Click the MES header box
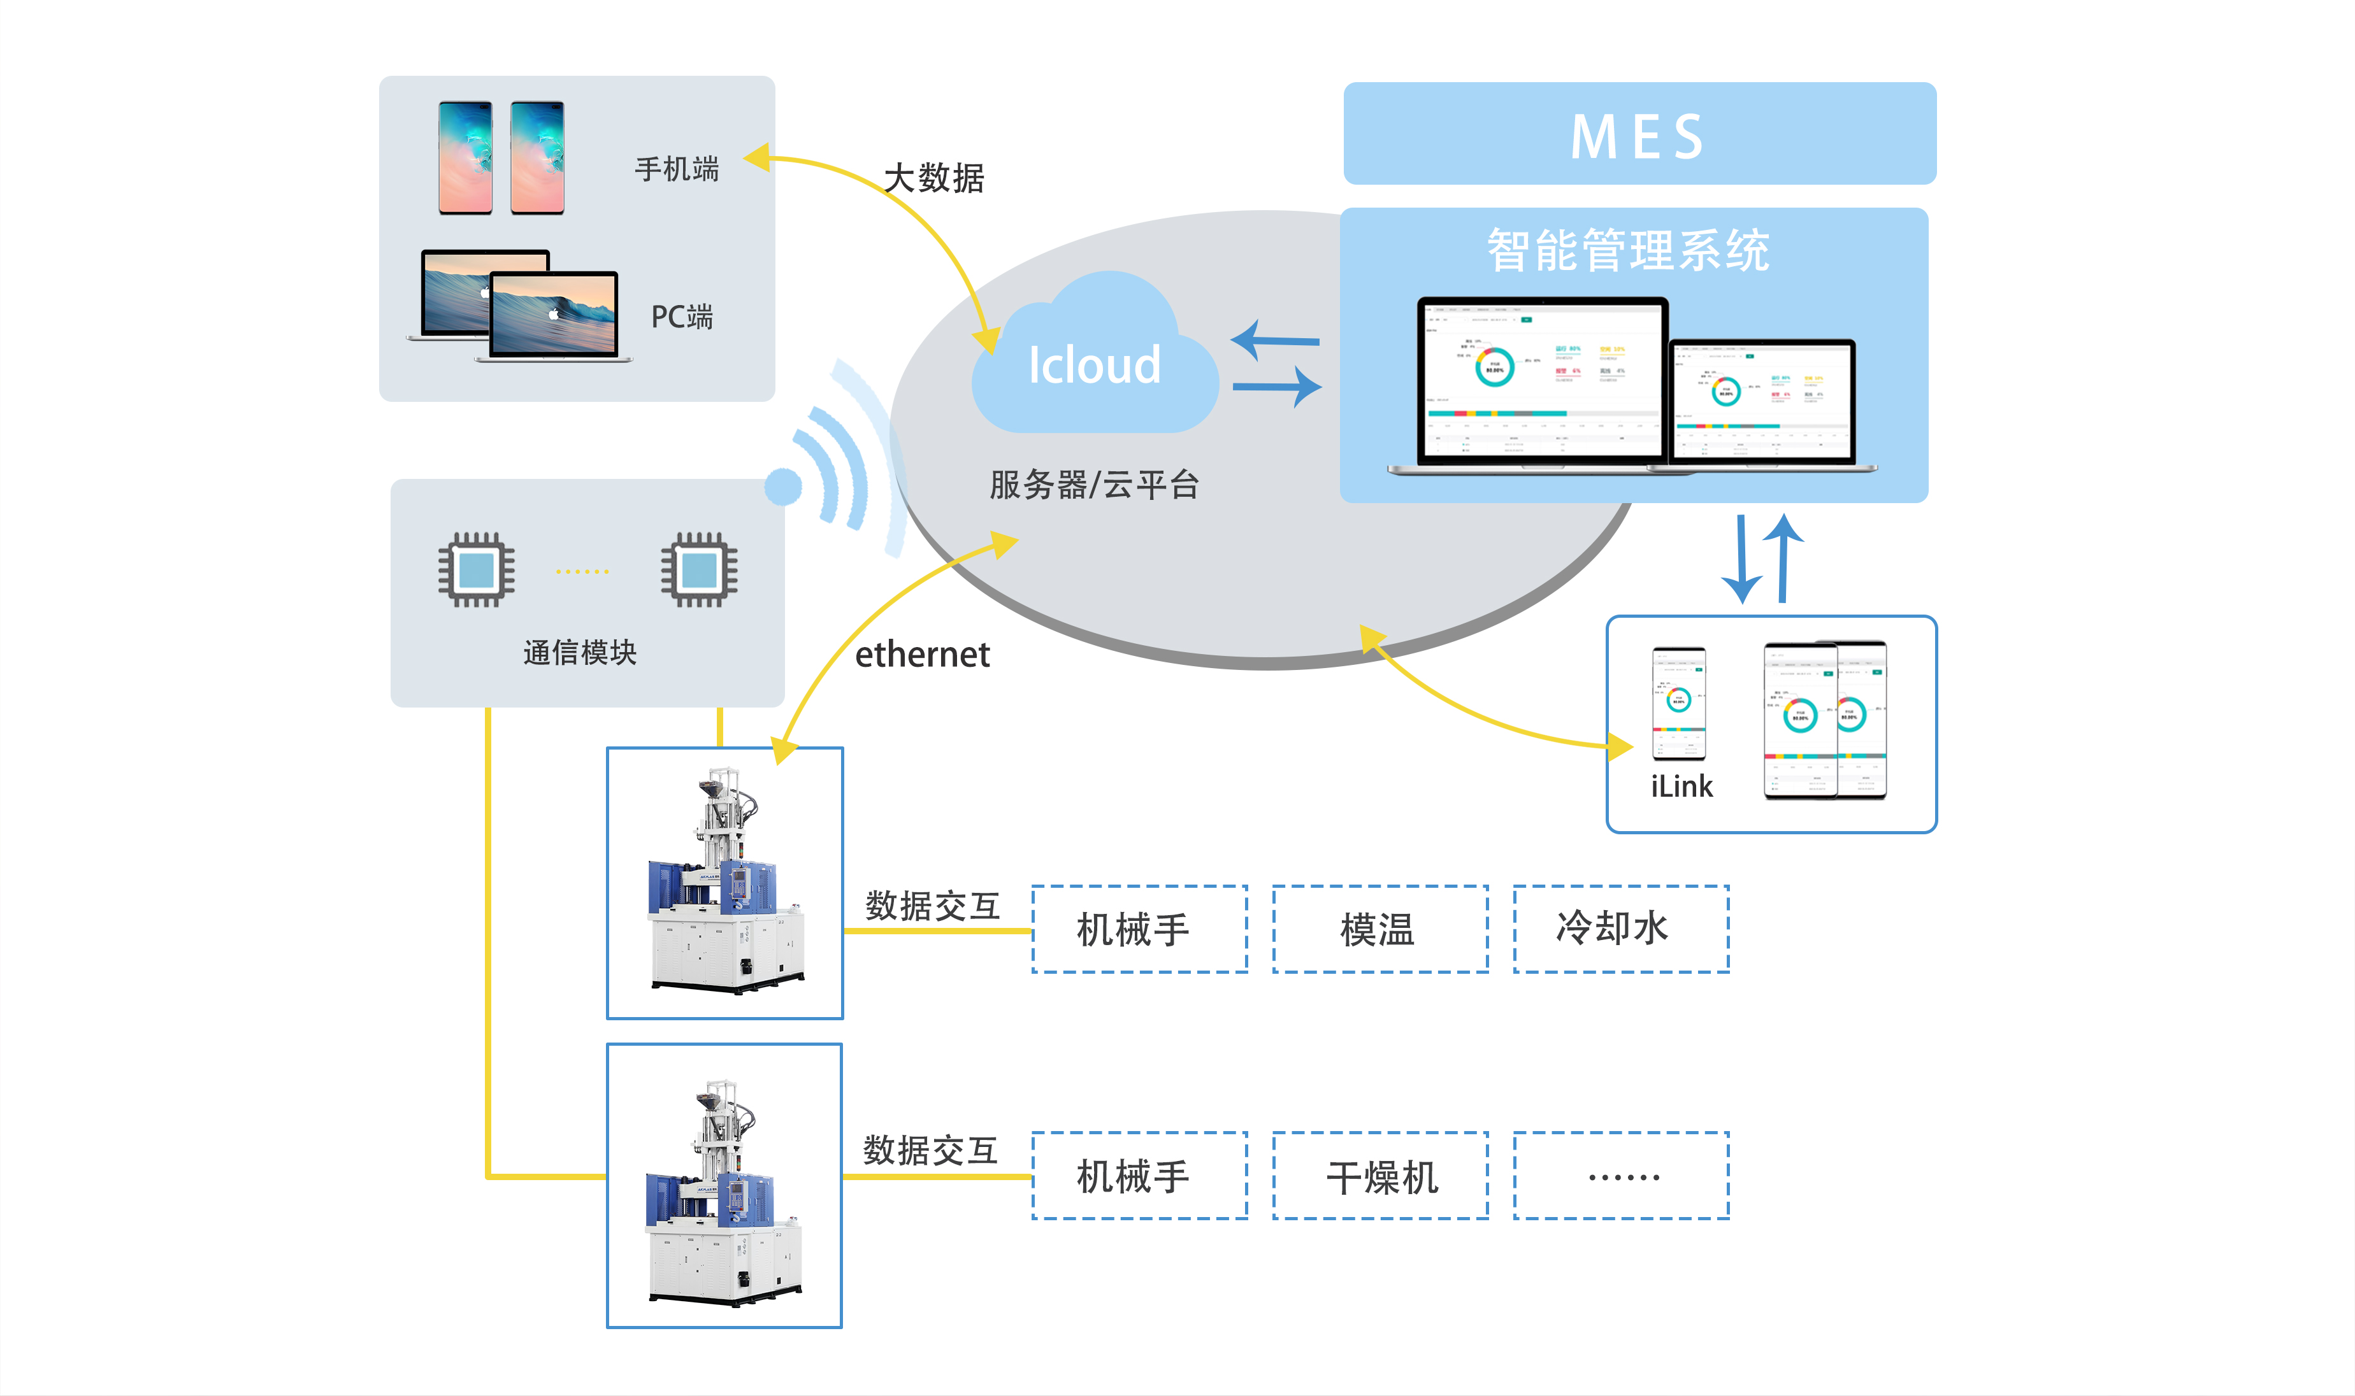(x=1639, y=134)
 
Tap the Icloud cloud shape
(x=1094, y=362)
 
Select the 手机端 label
(x=677, y=169)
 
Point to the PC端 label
(x=682, y=317)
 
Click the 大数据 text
(x=933, y=178)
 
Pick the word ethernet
(x=922, y=655)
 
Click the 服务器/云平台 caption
(x=1094, y=485)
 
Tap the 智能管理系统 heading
(x=1629, y=251)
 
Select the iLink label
(x=1682, y=787)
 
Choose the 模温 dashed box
(x=1380, y=929)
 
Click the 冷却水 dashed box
(x=1621, y=929)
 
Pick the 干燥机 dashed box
(x=1380, y=1176)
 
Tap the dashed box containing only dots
(x=1621, y=1176)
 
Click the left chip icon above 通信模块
(x=476, y=570)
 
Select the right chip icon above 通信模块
(x=699, y=570)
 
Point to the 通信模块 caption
(x=580, y=653)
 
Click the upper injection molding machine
(x=724, y=883)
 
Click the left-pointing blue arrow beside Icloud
(x=1275, y=341)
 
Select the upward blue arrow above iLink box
(x=1782, y=557)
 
